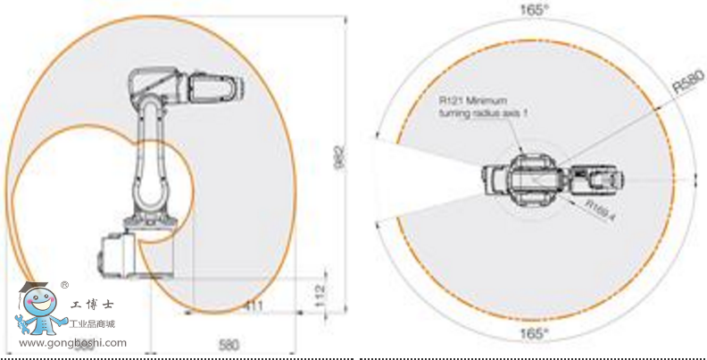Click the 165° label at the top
[535, 11]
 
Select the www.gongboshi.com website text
[72, 343]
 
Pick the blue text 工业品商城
[98, 324]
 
